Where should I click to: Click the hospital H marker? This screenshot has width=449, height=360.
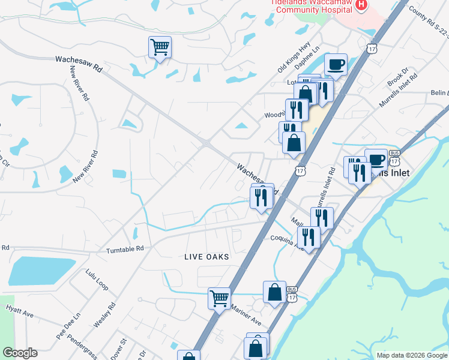361,5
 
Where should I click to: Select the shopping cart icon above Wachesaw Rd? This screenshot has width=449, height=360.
160,47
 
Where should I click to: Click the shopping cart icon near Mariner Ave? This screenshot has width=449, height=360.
219,297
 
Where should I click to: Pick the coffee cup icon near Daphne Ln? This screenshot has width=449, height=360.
336,64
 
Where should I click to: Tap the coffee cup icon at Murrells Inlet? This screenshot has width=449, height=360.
376,159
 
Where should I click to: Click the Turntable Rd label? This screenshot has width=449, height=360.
125,249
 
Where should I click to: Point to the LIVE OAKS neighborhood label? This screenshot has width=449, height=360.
206,256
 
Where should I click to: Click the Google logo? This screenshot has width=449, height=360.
20,353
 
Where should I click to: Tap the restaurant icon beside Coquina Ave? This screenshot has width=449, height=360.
309,236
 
